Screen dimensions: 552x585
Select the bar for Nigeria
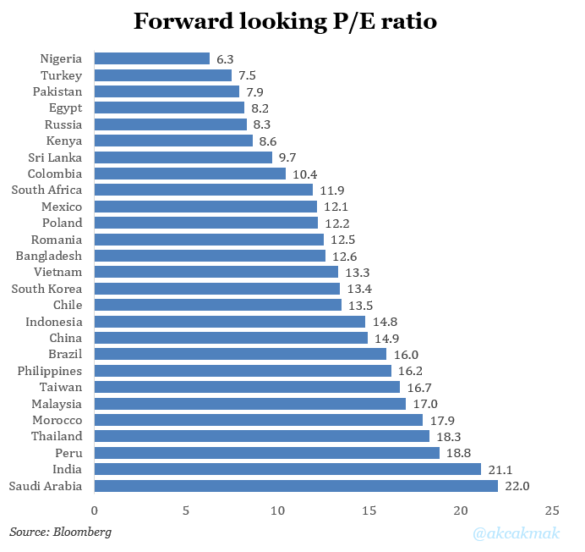pyautogui.click(x=151, y=58)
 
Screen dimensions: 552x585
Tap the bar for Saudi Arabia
pyautogui.click(x=296, y=486)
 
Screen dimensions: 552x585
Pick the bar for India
pyautogui.click(x=287, y=469)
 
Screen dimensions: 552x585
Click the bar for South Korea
pyautogui.click(x=216, y=289)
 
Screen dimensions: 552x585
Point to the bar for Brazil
pyautogui.click(x=240, y=354)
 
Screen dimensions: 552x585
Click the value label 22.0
pyautogui.click(x=517, y=486)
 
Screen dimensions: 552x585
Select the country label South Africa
pyautogui.click(x=46, y=190)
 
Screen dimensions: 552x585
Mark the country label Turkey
pyautogui.click(x=61, y=75)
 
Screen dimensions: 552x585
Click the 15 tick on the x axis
pyautogui.click(x=369, y=511)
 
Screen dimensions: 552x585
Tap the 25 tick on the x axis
pyautogui.click(x=552, y=511)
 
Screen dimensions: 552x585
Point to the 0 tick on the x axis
pyautogui.click(x=94, y=511)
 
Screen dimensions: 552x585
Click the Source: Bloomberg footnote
pyautogui.click(x=60, y=533)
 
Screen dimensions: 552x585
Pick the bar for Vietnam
pyautogui.click(x=216, y=272)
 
